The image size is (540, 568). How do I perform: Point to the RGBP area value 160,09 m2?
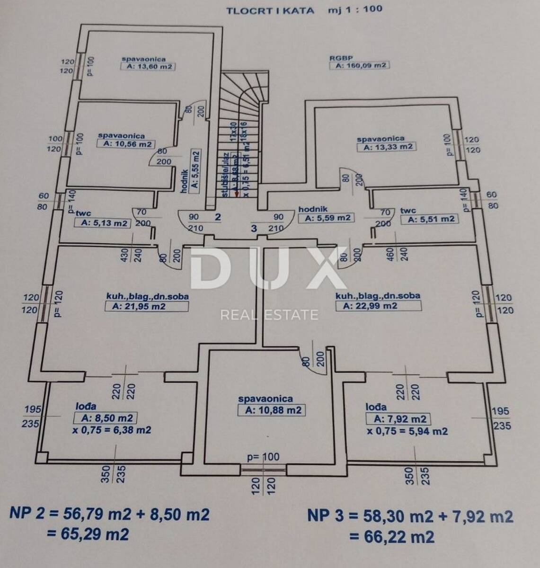359,66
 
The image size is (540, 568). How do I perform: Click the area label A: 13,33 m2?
386,147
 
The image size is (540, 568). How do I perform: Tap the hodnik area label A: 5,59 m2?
327,218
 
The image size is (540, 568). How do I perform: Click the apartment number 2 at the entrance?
218,217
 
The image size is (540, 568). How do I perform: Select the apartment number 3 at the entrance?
254,228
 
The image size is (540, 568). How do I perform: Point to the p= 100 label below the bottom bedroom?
264,457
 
